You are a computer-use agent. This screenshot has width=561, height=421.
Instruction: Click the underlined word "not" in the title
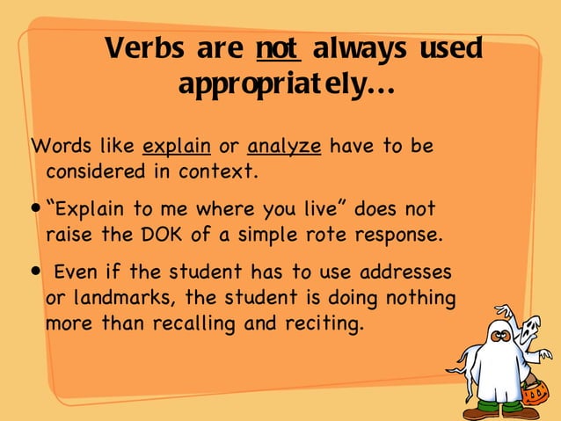(278, 48)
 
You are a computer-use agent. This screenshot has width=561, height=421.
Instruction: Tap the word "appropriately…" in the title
(286, 85)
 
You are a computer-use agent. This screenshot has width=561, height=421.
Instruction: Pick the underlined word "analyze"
(284, 146)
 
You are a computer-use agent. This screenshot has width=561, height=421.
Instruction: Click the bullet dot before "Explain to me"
(36, 212)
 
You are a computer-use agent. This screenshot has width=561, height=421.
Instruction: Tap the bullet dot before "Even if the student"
(36, 272)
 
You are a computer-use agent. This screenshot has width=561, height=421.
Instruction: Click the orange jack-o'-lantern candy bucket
(535, 392)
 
